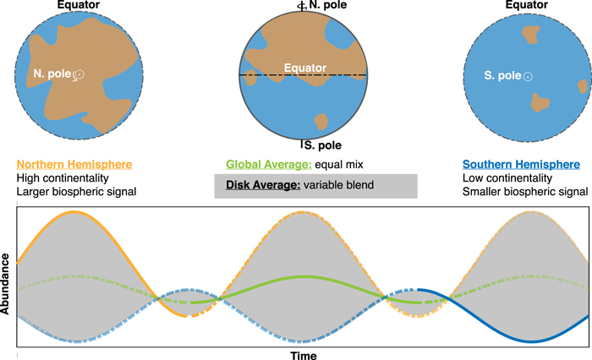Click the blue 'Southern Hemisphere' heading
(521, 164)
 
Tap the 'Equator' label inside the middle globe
(304, 68)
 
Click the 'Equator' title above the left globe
(76, 5)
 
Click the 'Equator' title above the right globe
(522, 5)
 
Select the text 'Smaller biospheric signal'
(525, 194)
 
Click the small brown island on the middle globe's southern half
(321, 122)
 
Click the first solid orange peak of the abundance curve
(74, 212)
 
